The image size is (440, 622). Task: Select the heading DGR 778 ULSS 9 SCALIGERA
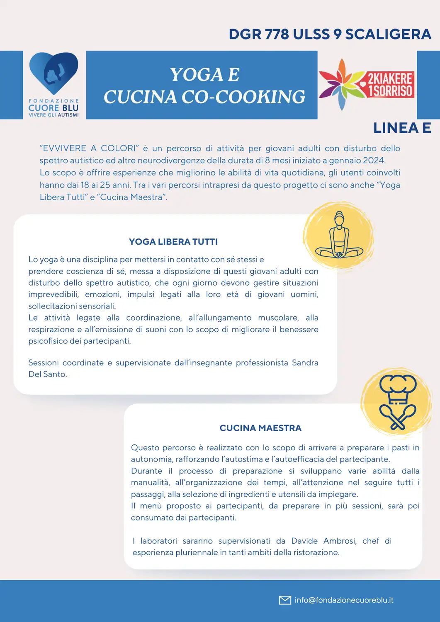(x=330, y=34)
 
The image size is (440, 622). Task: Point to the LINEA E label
(x=402, y=128)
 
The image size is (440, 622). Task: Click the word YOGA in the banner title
(x=192, y=75)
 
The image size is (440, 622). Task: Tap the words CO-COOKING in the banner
(x=243, y=97)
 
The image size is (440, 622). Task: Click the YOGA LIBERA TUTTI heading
(x=173, y=242)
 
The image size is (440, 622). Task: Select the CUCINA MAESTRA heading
(x=260, y=428)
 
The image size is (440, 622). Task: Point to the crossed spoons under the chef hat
(x=398, y=416)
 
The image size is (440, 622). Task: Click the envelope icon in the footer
(x=285, y=600)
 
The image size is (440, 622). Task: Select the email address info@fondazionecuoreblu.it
(x=344, y=600)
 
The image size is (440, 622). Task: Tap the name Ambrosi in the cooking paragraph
(x=340, y=541)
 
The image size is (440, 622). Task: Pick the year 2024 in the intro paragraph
(x=374, y=160)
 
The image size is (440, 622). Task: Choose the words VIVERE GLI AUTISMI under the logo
(x=53, y=115)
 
